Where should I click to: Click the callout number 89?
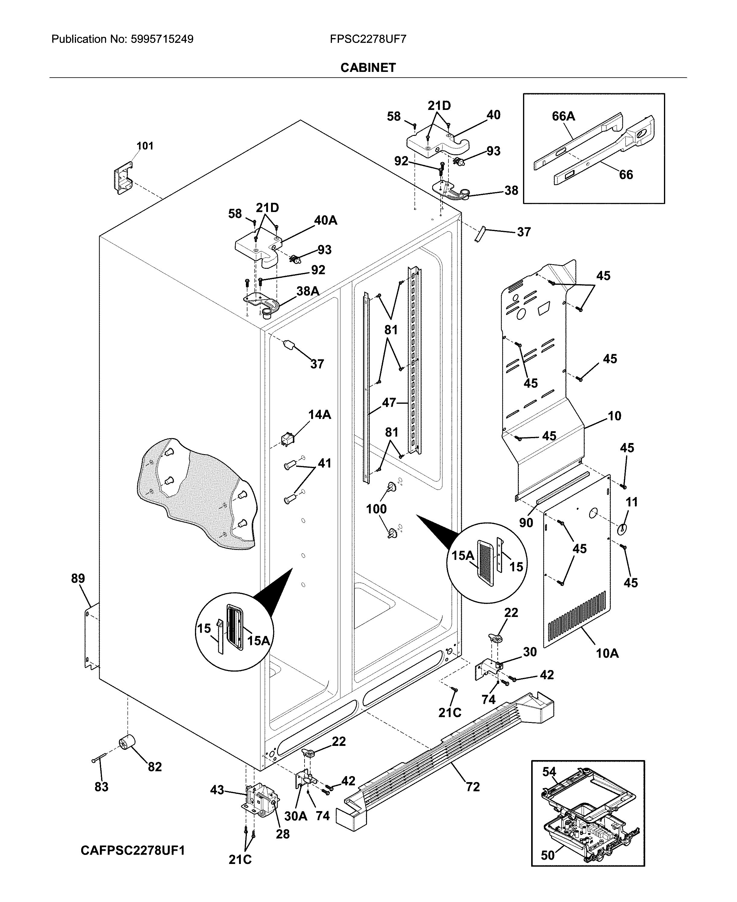(78, 578)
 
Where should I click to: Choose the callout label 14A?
(319, 415)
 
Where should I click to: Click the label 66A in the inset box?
(563, 116)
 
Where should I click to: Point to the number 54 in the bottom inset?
(549, 772)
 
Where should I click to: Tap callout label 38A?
(308, 291)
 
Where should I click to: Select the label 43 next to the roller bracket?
(217, 790)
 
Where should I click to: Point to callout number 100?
(376, 509)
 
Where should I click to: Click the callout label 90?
(526, 523)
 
